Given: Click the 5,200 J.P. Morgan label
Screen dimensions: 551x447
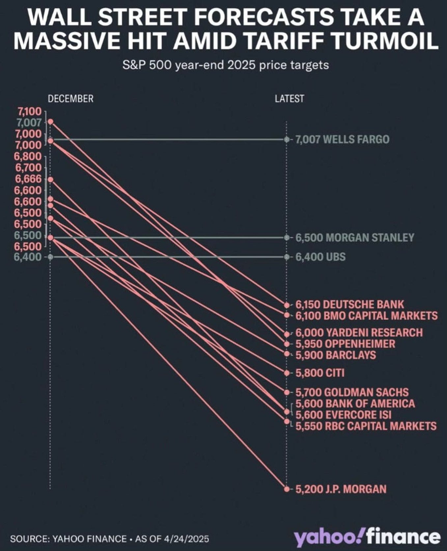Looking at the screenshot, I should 341,489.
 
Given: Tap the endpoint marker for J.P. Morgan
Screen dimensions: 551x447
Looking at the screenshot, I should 287,489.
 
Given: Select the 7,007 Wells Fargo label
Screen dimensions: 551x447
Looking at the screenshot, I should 342,139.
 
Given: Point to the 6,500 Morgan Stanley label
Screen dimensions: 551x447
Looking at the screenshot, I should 354,237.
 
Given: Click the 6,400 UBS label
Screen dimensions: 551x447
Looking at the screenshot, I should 320,257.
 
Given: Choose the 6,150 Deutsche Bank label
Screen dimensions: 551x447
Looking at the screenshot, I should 349,304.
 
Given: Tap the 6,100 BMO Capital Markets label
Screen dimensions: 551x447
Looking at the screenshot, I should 366,316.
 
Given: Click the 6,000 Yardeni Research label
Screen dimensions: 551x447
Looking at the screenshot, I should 359,332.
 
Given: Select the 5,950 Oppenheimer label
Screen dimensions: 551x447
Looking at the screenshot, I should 345,344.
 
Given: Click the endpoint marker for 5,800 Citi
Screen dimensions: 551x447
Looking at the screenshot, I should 287,373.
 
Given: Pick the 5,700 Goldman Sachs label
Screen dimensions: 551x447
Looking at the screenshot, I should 352,392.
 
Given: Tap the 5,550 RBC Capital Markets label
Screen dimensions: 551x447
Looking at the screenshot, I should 366,426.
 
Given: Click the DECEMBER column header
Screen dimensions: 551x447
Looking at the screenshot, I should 70,99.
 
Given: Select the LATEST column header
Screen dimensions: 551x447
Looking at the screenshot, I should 289,99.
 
